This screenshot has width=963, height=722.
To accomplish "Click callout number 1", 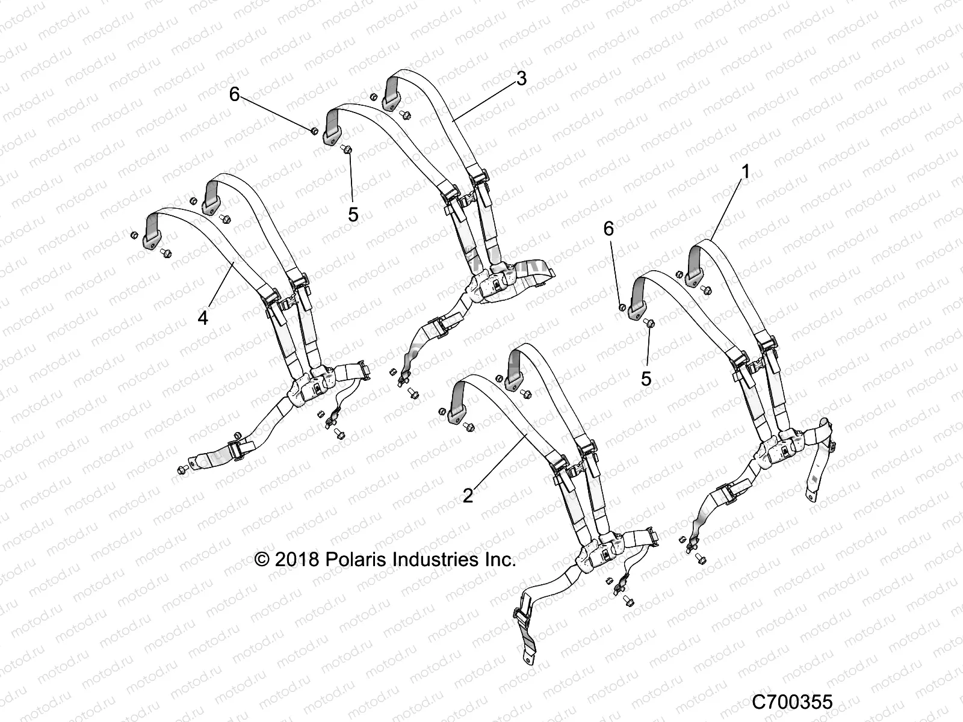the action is pos(745,171).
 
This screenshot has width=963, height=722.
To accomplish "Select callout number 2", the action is pos(468,496).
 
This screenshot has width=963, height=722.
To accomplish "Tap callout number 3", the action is pos(521,78).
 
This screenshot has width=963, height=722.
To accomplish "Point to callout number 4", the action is pos(203,318).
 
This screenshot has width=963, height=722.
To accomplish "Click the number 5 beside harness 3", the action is pos(353,215).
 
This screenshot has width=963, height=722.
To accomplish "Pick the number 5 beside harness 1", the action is pos(646,379).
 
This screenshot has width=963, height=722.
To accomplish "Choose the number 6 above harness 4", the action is pos(235,94).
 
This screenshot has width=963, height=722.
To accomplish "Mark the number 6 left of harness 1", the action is pos(608,229).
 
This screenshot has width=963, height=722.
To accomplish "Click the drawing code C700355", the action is pos(792,702).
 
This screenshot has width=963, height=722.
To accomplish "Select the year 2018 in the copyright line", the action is pos(297,560).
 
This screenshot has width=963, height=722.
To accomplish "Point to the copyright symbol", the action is pos(262,560).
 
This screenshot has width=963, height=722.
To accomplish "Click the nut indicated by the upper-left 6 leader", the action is pos(314,131).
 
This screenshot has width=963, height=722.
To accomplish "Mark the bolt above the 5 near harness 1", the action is pos(650,324).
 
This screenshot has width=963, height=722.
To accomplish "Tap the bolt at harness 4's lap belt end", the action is pos(182,469).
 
